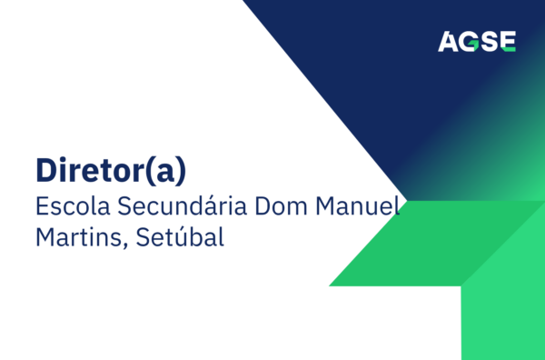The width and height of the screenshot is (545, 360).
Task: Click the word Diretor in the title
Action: pyautogui.click(x=86, y=170)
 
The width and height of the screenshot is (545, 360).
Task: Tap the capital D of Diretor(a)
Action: pyautogui.click(x=45, y=170)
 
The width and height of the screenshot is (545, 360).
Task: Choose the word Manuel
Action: pyautogui.click(x=357, y=205)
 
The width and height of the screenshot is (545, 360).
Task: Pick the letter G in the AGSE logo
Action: pyautogui.click(x=471, y=42)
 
